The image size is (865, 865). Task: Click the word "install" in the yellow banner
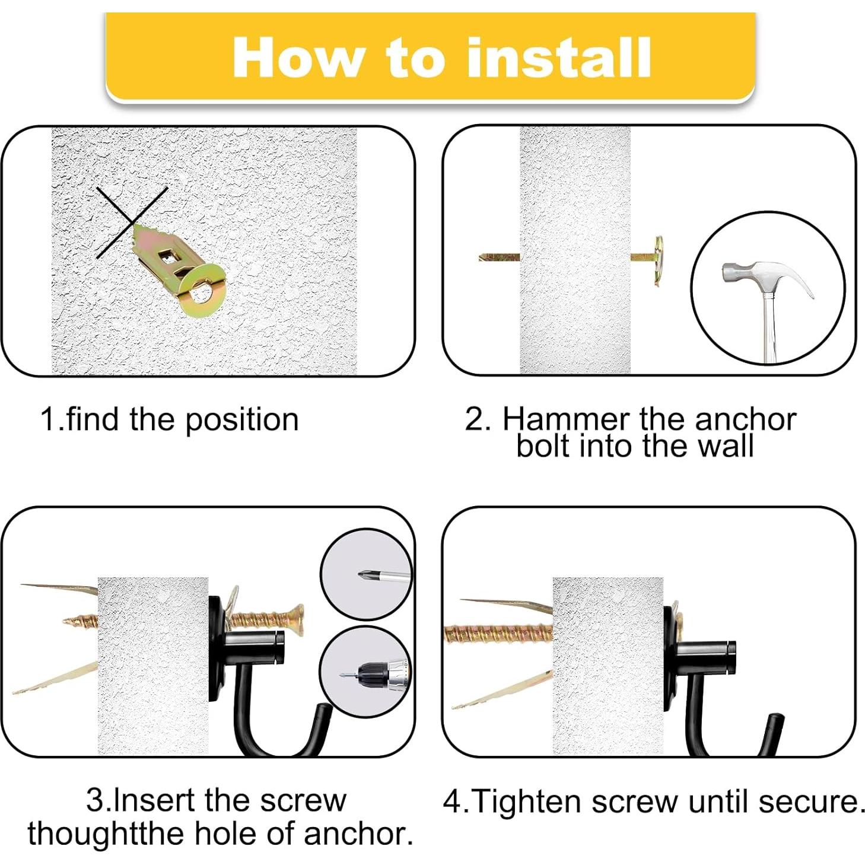558,58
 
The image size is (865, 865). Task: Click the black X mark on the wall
132,222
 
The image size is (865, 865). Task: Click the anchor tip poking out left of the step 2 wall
499,257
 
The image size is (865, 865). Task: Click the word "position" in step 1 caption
241,421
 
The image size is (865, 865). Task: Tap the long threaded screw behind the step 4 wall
498,634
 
